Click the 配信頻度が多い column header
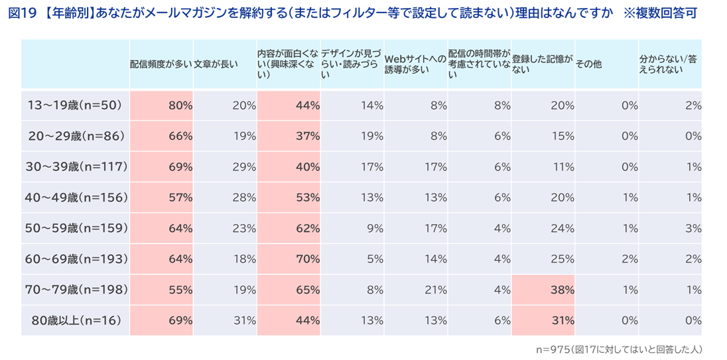coord(161,64)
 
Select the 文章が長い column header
coord(215,64)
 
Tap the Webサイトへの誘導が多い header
coord(415,64)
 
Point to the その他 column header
coord(589,64)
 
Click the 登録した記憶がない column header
coord(543,64)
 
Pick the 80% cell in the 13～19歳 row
coord(180,105)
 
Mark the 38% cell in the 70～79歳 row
coord(562,290)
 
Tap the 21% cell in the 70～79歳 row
coord(435,290)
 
